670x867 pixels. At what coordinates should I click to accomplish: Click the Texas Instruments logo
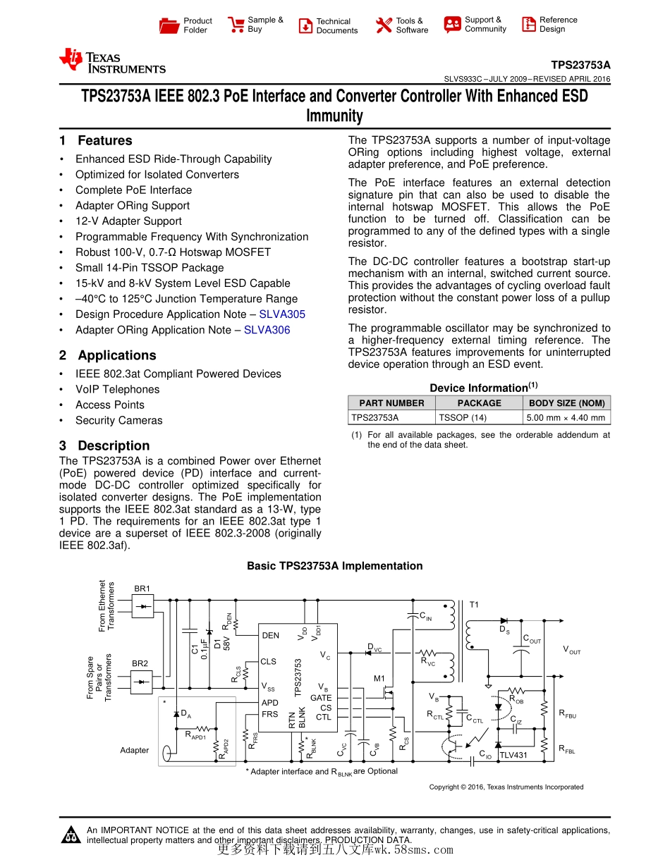coord(113,61)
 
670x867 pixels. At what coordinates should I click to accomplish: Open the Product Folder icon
coord(169,26)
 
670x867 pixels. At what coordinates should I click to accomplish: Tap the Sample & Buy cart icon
coord(236,25)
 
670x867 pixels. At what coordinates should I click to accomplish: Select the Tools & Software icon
coord(384,25)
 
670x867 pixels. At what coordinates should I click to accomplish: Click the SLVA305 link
coord(282,314)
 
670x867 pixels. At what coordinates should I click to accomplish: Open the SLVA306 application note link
coord(267,330)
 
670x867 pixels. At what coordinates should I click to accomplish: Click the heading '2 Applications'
coord(108,355)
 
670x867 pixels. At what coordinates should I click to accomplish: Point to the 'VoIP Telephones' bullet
coord(117,389)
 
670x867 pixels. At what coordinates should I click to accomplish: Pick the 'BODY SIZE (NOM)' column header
coord(566,403)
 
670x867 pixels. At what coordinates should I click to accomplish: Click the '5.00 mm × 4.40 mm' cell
coord(566,417)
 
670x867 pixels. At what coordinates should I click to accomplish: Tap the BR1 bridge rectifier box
coord(142,605)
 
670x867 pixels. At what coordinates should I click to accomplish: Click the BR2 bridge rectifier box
coord(142,681)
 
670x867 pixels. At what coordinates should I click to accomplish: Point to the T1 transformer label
coord(474,605)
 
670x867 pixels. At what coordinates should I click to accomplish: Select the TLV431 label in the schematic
coord(513,756)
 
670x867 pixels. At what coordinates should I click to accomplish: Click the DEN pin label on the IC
coord(270,635)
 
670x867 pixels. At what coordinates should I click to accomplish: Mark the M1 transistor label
coord(379,679)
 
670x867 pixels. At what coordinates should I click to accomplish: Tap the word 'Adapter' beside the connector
coord(134,750)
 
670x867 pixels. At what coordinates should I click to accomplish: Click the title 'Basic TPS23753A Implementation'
coord(334,566)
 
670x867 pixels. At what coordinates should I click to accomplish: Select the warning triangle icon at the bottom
coord(71,835)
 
